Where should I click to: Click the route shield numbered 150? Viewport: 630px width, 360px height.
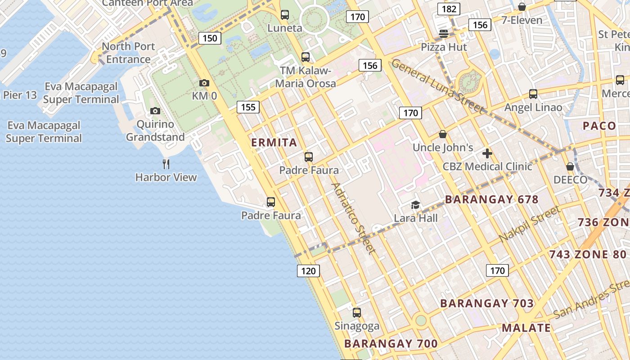click(x=210, y=38)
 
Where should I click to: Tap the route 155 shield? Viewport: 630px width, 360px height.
click(x=248, y=107)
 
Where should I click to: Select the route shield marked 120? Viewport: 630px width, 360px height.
click(x=308, y=270)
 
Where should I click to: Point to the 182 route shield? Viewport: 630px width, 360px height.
click(x=449, y=9)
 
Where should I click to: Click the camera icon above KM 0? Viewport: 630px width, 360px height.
click(x=204, y=83)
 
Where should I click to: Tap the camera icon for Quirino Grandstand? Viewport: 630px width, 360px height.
click(x=155, y=111)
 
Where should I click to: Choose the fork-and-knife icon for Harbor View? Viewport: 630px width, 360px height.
click(x=166, y=164)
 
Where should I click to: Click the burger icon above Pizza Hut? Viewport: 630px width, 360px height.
click(x=444, y=34)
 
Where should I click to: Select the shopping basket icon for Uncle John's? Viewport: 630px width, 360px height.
click(x=443, y=134)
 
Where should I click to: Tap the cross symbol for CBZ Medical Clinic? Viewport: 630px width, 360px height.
click(x=487, y=153)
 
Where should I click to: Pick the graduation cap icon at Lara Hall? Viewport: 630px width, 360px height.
click(x=415, y=205)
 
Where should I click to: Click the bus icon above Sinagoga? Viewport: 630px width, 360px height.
click(x=357, y=312)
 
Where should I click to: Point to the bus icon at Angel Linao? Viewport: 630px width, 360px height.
click(x=533, y=94)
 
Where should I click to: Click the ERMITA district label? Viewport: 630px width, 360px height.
click(x=274, y=143)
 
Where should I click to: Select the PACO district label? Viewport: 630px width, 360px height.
click(x=599, y=126)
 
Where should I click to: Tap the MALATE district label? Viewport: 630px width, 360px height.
click(x=526, y=328)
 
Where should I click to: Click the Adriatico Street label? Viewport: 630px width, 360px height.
click(x=353, y=218)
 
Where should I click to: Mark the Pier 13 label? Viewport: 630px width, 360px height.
click(x=20, y=95)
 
